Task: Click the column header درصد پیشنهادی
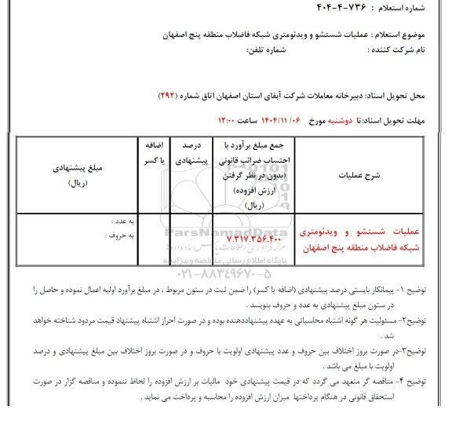coord(188,152)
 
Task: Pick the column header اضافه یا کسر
coord(149,152)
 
